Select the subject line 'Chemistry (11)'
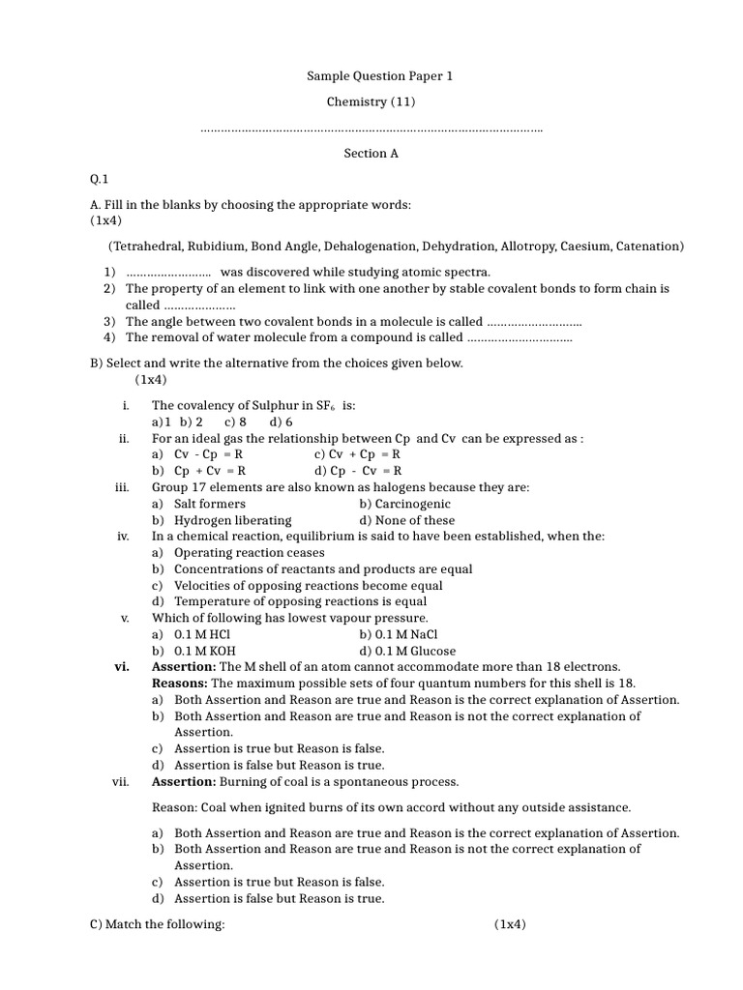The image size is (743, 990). coord(371,102)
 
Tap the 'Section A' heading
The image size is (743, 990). coord(371,153)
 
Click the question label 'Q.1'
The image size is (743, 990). coord(100,179)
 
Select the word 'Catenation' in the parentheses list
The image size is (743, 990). coord(648,246)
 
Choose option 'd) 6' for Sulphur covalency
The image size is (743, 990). coord(282,422)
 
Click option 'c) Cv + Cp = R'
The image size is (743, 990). coord(357,454)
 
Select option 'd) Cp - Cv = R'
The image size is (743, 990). coord(357,471)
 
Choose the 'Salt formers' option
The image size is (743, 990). coord(209,504)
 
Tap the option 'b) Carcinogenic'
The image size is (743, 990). coord(404,504)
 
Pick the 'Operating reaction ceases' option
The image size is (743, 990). coord(235,552)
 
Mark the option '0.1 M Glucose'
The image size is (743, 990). coord(407,651)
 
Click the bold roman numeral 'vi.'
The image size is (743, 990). coord(122,667)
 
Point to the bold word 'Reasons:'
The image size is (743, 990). coord(180,684)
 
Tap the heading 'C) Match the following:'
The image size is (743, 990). coord(157,924)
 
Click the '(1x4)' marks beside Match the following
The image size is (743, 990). coord(510,924)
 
